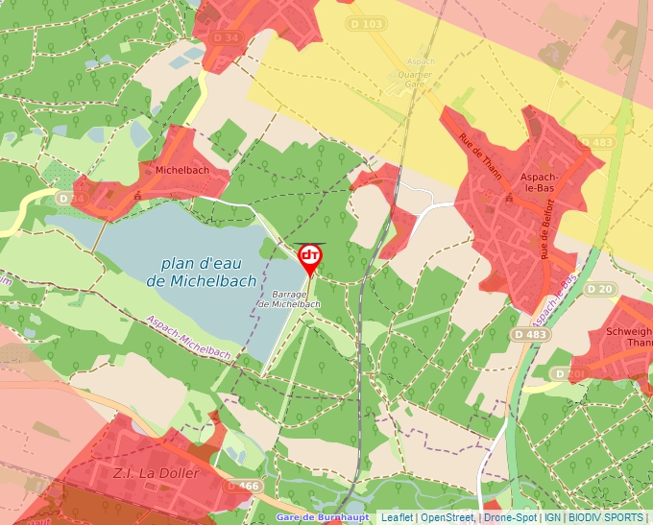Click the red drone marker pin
pyautogui.click(x=309, y=257)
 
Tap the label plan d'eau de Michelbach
pyautogui.click(x=203, y=273)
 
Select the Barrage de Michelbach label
pyautogui.click(x=289, y=298)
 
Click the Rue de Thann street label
pyautogui.click(x=480, y=151)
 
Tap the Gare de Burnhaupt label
pyautogui.click(x=322, y=517)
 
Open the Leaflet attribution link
pyautogui.click(x=397, y=517)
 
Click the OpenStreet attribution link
pyautogui.click(x=447, y=517)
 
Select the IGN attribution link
pyautogui.click(x=552, y=517)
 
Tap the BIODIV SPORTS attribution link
pyautogui.click(x=606, y=517)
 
